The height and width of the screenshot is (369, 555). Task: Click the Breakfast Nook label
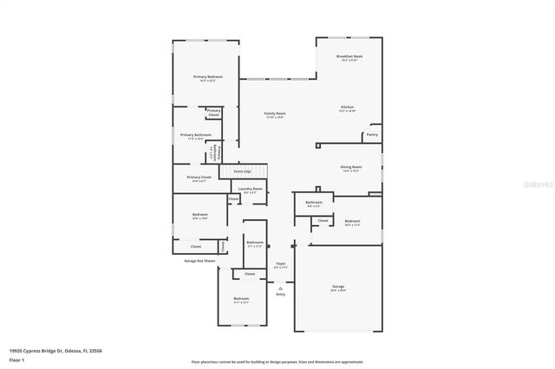point(349,57)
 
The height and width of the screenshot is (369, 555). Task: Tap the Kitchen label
point(347,108)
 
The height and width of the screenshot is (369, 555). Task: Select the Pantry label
point(372,134)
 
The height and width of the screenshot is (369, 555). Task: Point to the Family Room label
point(275,115)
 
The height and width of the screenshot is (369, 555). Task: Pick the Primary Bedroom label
point(207,78)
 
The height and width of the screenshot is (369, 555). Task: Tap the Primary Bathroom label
point(195,136)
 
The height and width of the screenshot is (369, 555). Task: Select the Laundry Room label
point(251,190)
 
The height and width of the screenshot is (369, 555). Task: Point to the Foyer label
point(280,264)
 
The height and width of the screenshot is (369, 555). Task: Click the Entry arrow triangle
point(280,287)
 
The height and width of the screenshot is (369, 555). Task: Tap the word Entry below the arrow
point(280,295)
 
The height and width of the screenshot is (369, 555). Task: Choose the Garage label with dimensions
point(338,288)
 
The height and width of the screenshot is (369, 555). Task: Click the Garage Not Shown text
point(199,260)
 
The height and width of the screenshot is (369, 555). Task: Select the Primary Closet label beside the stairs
point(199,178)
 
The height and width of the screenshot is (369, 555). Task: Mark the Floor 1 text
point(16,359)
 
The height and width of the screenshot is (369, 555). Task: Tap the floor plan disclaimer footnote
point(277,361)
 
